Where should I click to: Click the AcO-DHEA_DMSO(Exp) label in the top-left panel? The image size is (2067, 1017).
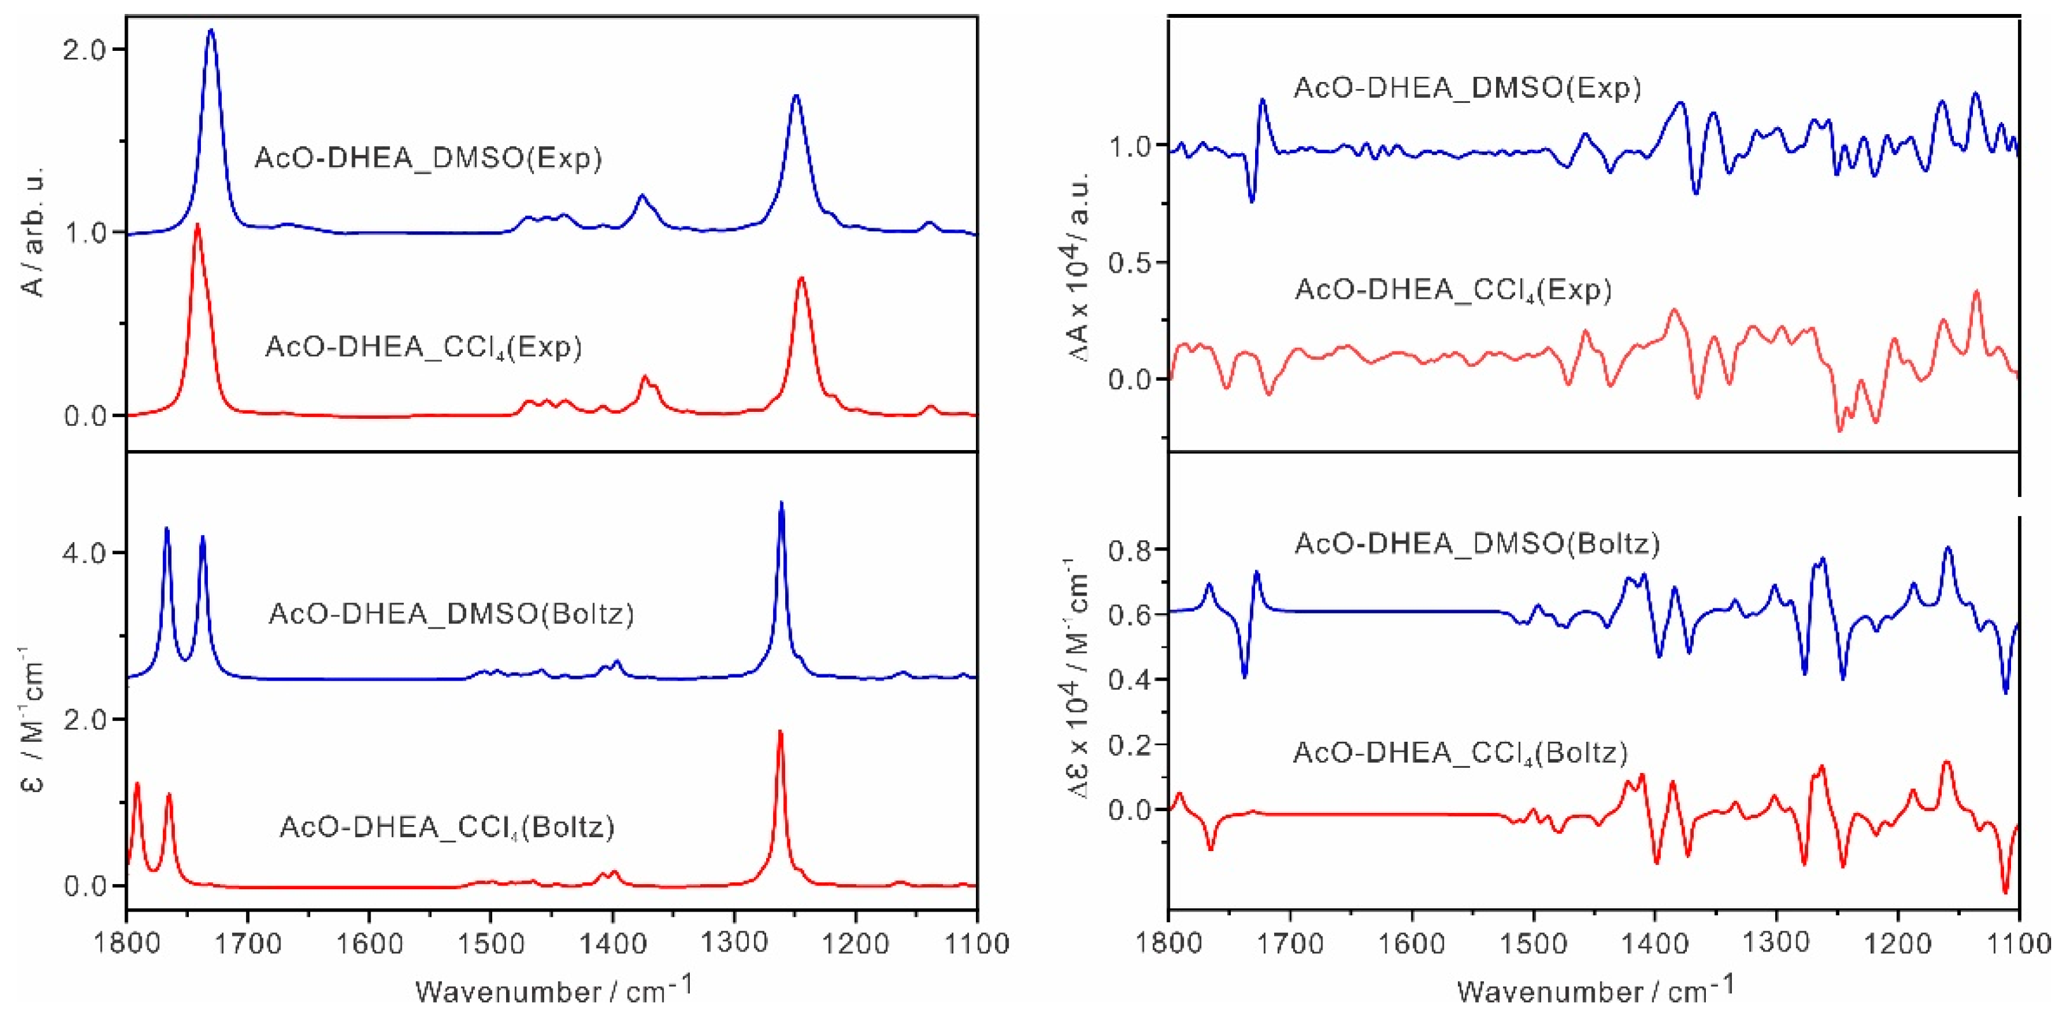(428, 158)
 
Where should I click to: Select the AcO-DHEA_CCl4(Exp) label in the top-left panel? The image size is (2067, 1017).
(423, 346)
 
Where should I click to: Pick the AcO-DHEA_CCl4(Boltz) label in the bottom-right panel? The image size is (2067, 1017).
(1460, 753)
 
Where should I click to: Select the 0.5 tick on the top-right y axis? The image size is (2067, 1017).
(1128, 263)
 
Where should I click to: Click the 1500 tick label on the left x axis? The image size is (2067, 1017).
(490, 943)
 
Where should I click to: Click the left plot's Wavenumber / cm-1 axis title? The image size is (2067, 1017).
(553, 990)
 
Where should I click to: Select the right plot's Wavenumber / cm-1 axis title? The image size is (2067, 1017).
(1595, 990)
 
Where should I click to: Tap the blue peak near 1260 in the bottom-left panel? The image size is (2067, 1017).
(781, 503)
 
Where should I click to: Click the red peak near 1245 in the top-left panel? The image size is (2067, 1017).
(801, 279)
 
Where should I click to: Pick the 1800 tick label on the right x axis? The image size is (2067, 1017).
(1169, 943)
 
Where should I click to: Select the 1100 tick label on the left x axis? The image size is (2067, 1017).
(977, 943)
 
